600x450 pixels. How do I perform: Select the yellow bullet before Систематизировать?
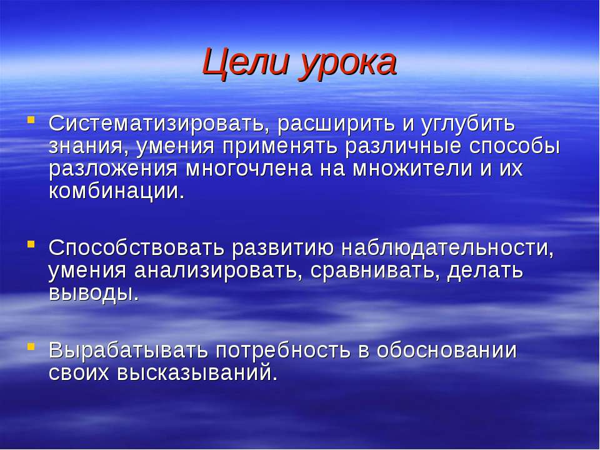coord(31,119)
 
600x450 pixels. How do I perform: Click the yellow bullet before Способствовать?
coord(31,243)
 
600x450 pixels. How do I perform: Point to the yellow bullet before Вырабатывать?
coord(31,346)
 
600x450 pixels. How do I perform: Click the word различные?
coord(403,147)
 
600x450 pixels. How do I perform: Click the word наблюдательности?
coord(447,248)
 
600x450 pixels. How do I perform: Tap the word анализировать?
coord(216,271)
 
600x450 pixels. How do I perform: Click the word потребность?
coord(283,351)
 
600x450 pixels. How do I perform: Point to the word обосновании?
coord(446,351)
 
